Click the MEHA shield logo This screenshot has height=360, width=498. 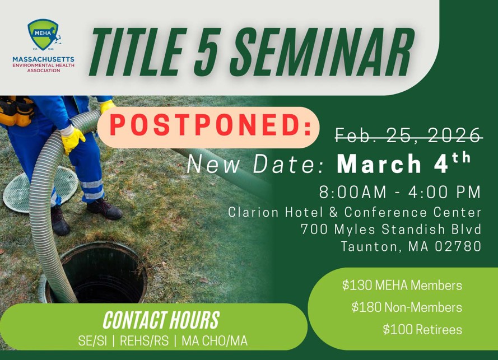[44, 35]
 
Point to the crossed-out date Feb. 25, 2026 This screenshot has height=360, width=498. [408, 135]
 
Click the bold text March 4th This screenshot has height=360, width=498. [404, 162]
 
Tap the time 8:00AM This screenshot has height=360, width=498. [353, 191]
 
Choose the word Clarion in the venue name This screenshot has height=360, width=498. [253, 212]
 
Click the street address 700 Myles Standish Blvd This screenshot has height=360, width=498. [391, 229]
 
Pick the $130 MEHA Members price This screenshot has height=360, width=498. [402, 286]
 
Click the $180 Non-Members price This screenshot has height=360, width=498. [407, 307]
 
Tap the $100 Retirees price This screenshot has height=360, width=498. [422, 330]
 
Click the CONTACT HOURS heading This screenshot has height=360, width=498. [161, 320]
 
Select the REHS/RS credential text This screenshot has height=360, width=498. [144, 341]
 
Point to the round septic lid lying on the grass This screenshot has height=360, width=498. [41, 189]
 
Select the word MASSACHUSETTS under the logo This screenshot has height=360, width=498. [44, 59]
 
